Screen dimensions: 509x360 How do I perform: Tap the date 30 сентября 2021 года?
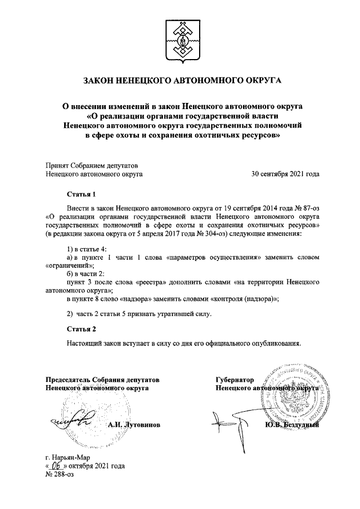pyautogui.click(x=285, y=174)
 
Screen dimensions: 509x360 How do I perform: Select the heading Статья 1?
pyautogui.click(x=82, y=195)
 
